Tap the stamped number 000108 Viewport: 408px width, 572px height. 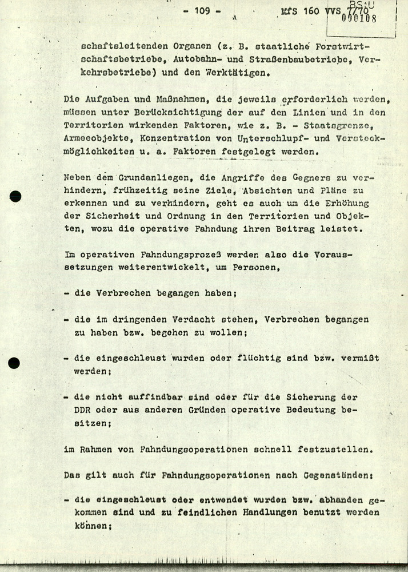click(358, 18)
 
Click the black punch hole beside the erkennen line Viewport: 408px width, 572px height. click(15, 196)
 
